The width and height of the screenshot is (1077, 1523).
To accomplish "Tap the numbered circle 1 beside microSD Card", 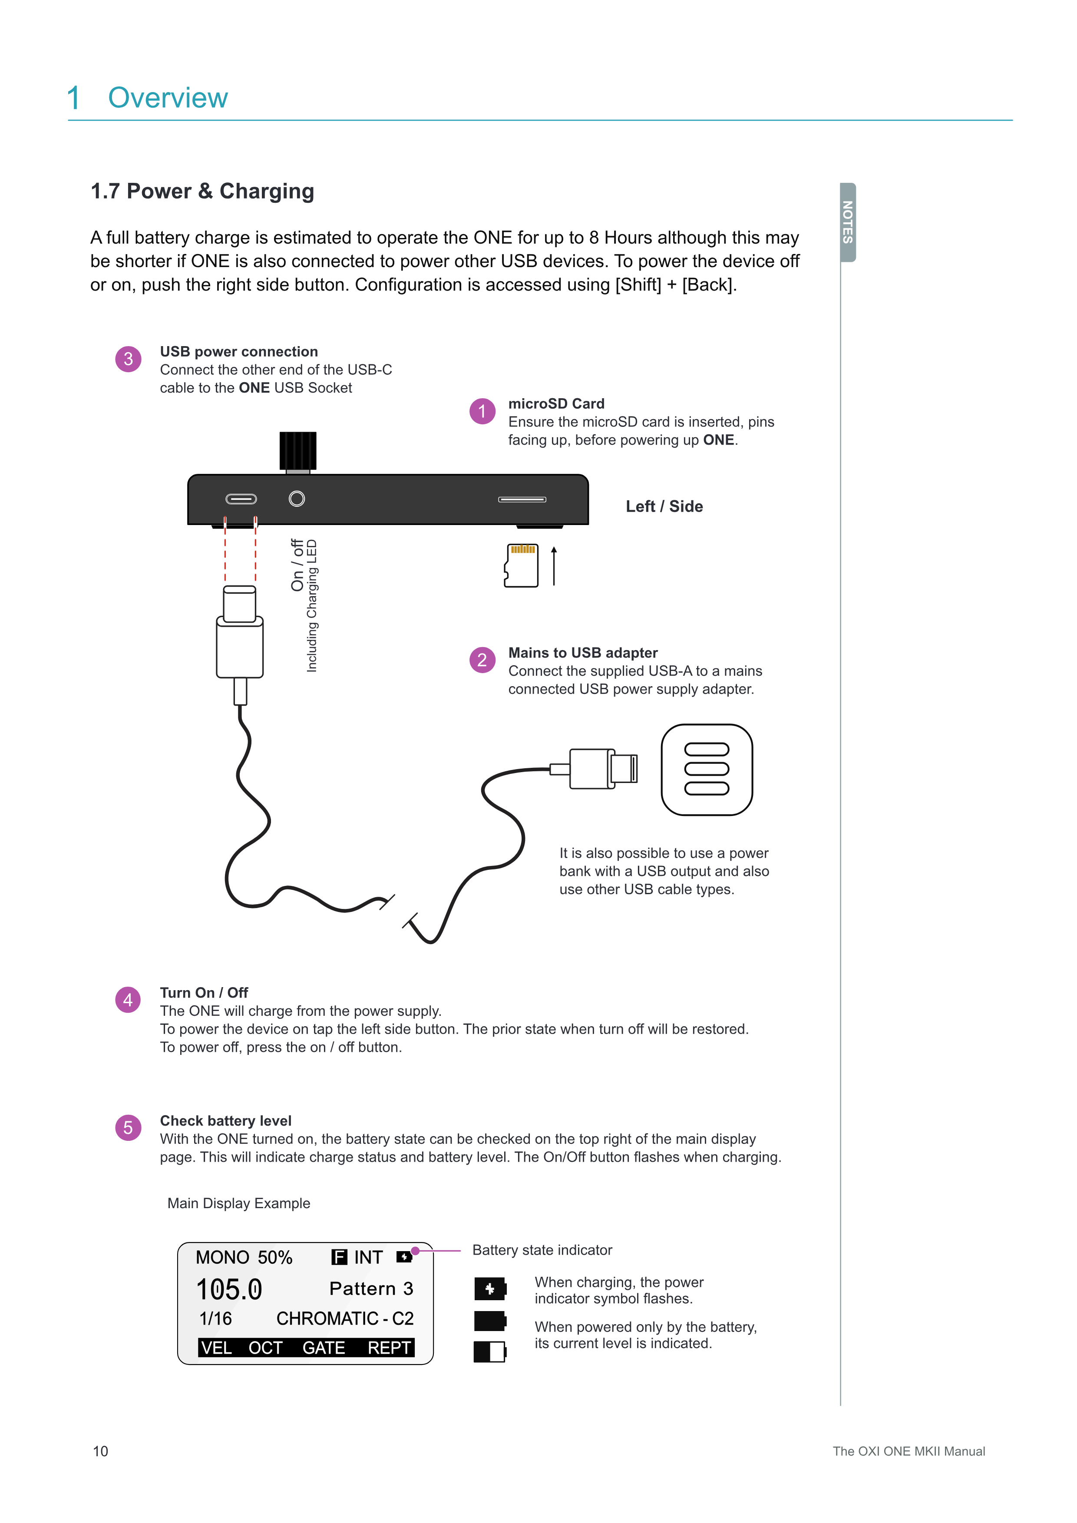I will (x=482, y=411).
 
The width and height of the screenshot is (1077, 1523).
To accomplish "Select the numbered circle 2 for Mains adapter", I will (x=482, y=660).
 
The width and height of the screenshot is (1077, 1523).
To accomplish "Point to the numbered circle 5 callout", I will (x=128, y=1128).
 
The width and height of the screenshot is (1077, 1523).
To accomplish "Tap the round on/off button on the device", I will (x=297, y=499).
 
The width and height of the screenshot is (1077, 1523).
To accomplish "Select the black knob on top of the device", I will (x=298, y=451).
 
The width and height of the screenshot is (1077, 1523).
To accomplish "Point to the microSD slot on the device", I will (x=522, y=499).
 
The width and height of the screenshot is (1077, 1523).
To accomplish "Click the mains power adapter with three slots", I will (x=707, y=770).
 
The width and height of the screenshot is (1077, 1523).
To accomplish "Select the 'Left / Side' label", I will (x=664, y=507).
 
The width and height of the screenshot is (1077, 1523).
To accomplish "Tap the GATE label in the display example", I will (x=324, y=1348).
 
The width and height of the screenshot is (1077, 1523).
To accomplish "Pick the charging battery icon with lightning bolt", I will (x=490, y=1289).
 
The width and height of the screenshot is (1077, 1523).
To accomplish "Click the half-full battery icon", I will (x=490, y=1351).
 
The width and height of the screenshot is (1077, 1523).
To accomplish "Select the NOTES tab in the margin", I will (x=848, y=222).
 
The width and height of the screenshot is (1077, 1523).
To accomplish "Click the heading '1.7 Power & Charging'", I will (x=202, y=191).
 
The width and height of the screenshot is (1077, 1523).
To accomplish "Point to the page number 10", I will (x=100, y=1451).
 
